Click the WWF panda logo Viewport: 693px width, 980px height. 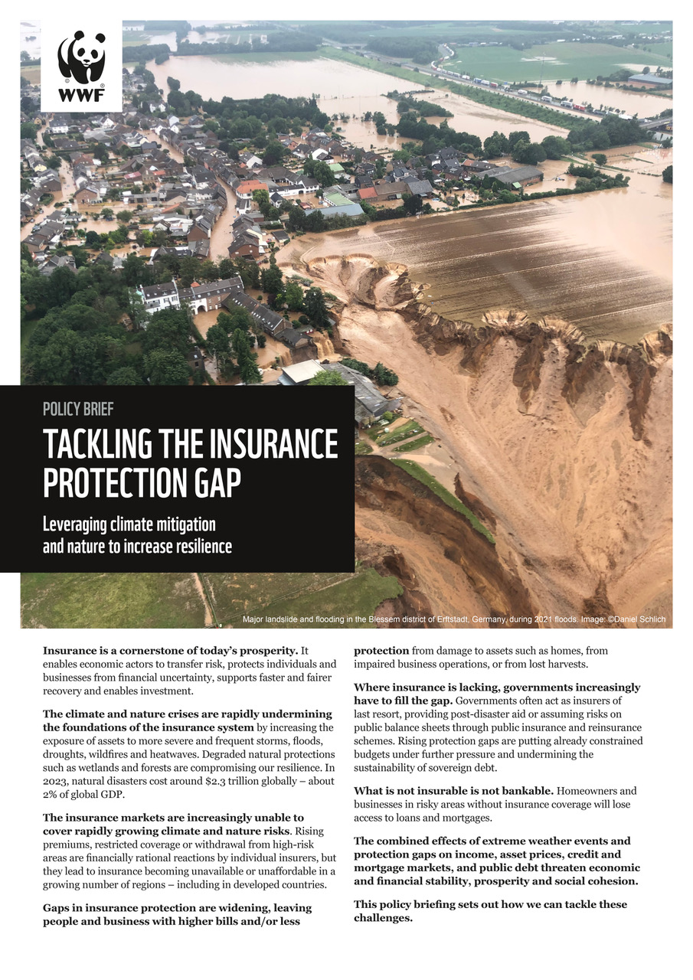pos(81,57)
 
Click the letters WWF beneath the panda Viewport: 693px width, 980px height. pos(81,96)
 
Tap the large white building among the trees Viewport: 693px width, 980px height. pos(159,297)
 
